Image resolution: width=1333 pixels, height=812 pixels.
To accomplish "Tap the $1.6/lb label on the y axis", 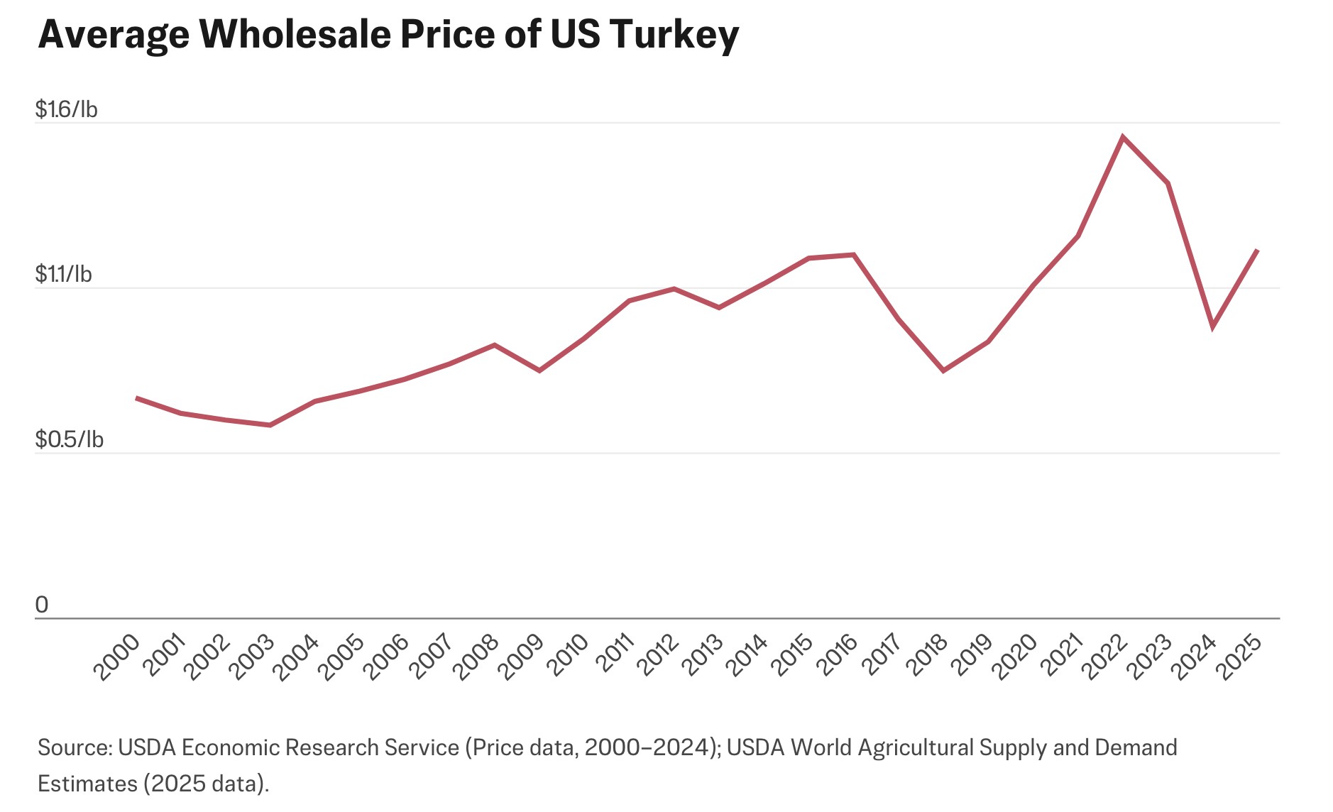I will pyautogui.click(x=66, y=109).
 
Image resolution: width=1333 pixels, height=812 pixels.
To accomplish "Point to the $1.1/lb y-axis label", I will pyautogui.click(x=63, y=274).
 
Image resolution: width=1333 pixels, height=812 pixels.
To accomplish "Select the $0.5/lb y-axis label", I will pyautogui.click(x=69, y=440).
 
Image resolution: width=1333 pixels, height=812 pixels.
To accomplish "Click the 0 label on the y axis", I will pyautogui.click(x=42, y=605).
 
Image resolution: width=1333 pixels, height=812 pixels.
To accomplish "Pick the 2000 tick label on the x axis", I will pyautogui.click(x=116, y=658).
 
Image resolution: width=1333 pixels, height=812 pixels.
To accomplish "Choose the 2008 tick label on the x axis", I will pyautogui.click(x=475, y=658).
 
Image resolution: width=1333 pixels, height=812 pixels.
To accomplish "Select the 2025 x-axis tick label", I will pyautogui.click(x=1239, y=658).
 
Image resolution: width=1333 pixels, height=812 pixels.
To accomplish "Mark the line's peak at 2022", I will pyautogui.click(x=1123, y=137).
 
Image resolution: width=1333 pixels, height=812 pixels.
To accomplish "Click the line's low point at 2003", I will pyautogui.click(x=270, y=425).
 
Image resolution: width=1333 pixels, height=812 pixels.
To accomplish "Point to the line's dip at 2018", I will pyautogui.click(x=943, y=371).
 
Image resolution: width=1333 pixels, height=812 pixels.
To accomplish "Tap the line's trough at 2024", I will pyautogui.click(x=1213, y=327).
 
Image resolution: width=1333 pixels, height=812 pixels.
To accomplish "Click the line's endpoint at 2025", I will pyautogui.click(x=1257, y=251).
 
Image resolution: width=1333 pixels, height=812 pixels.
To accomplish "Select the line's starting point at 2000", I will pyautogui.click(x=136, y=398).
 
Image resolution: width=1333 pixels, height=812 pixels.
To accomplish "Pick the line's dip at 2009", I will pyautogui.click(x=539, y=371).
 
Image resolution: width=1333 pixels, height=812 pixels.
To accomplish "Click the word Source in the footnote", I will pyautogui.click(x=74, y=748).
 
